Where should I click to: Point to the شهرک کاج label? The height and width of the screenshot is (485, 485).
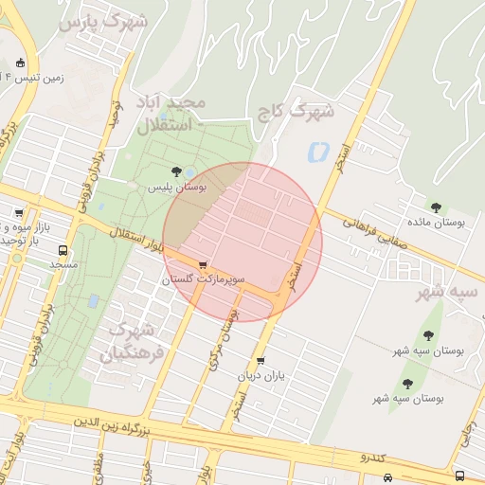click(x=296, y=111)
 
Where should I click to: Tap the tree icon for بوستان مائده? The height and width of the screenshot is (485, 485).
click(x=436, y=207)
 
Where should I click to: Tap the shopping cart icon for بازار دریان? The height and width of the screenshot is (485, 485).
click(x=260, y=361)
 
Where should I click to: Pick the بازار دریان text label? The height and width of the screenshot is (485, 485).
click(x=260, y=376)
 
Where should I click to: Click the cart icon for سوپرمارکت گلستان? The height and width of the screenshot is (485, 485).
click(x=203, y=265)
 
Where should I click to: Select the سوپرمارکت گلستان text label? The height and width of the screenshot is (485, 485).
click(x=203, y=280)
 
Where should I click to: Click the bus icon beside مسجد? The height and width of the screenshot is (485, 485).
click(x=63, y=251)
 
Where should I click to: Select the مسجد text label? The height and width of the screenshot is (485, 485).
click(x=63, y=266)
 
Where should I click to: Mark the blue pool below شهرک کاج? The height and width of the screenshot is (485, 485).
click(x=316, y=151)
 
